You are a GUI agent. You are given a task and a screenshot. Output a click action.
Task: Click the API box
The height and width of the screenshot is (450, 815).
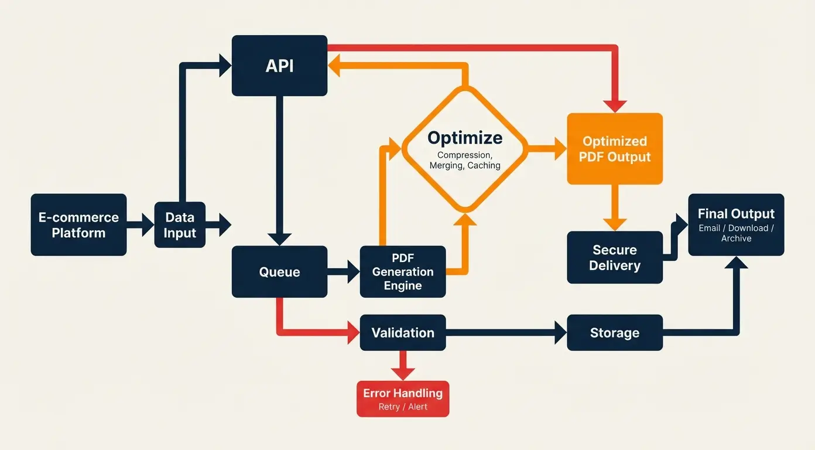click(x=279, y=66)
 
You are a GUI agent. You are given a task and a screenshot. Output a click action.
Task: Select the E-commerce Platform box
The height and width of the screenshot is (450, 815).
click(x=78, y=225)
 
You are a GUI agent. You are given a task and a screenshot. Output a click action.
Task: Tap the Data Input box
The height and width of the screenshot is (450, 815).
click(x=180, y=225)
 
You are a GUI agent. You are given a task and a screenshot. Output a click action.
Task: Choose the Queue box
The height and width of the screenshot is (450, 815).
click(x=279, y=272)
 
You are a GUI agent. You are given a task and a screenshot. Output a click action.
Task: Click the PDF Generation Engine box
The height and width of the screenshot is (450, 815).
click(x=403, y=272)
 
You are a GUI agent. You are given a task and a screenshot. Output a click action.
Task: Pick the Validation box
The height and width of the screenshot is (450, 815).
click(x=403, y=333)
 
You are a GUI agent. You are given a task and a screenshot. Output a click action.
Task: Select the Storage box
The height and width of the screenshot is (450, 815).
click(x=615, y=333)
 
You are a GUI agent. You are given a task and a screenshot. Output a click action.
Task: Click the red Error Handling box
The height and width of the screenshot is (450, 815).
click(x=403, y=398)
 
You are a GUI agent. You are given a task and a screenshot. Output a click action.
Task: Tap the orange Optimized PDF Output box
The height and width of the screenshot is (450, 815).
click(x=615, y=149)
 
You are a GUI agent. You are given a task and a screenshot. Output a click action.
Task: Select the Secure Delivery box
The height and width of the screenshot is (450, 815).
click(x=615, y=258)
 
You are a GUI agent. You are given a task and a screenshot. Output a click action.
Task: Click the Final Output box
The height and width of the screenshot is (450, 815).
click(x=736, y=225)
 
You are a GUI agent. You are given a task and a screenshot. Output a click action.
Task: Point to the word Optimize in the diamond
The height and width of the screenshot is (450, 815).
click(x=465, y=138)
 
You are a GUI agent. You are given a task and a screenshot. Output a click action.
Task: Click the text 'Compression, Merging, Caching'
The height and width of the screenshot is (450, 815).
click(x=465, y=160)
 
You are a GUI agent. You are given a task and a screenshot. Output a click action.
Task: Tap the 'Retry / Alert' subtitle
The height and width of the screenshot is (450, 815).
click(x=403, y=407)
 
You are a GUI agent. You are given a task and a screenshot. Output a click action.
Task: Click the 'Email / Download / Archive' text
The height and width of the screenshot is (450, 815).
click(x=736, y=233)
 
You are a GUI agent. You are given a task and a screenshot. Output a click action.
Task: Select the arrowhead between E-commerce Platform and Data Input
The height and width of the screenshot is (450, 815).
click(x=148, y=225)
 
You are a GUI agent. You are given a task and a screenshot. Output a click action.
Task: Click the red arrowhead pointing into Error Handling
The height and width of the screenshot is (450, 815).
click(x=403, y=374)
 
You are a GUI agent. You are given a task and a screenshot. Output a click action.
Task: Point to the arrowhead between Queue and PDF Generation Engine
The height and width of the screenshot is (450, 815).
click(x=353, y=272)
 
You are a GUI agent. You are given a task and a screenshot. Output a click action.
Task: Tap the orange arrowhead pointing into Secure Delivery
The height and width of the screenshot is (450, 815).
click(x=615, y=224)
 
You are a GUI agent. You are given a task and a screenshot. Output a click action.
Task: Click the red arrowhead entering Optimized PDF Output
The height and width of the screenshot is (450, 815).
click(x=615, y=106)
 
